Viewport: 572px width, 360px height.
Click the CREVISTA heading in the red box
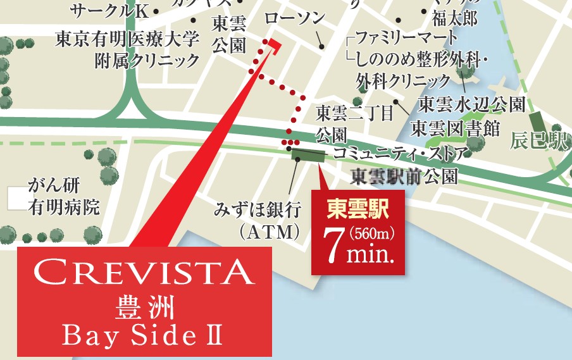(x=144, y=273)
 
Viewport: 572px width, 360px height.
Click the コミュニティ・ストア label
(x=401, y=152)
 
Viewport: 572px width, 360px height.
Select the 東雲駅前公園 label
(x=404, y=175)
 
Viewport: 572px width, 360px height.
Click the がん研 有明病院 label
(x=63, y=197)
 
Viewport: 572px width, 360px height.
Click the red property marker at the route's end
(x=273, y=42)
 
